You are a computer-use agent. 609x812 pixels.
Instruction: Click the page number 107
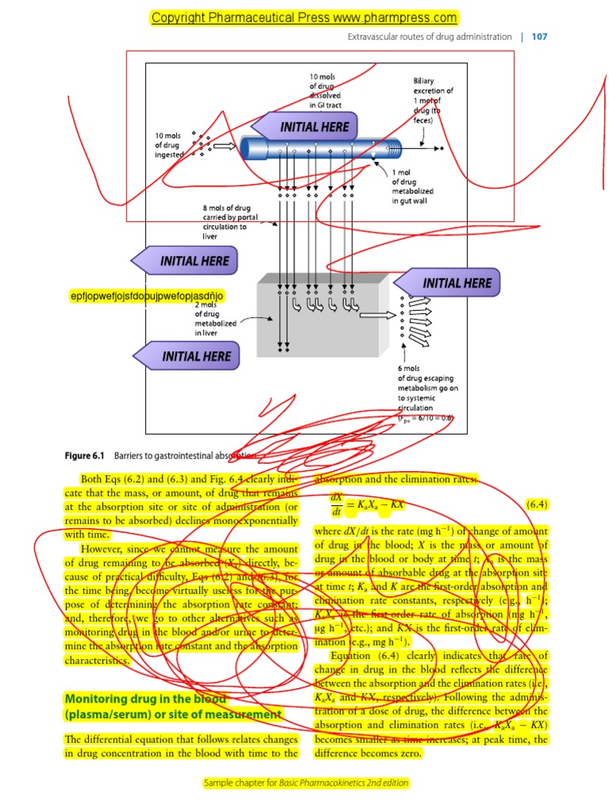(x=539, y=36)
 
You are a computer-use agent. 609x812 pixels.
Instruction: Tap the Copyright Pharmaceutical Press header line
(x=304, y=17)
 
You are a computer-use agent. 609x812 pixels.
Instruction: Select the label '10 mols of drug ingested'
(x=168, y=145)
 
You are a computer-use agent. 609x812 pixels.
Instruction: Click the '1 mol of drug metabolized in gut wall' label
(x=413, y=186)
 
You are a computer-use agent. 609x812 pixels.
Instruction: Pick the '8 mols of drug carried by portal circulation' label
(x=227, y=222)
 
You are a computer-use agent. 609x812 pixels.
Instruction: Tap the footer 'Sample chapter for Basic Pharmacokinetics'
(x=306, y=783)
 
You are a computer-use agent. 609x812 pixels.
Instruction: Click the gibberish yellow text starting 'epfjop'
(x=147, y=296)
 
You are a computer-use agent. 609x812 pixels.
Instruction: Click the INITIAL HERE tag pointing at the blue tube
(x=301, y=127)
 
